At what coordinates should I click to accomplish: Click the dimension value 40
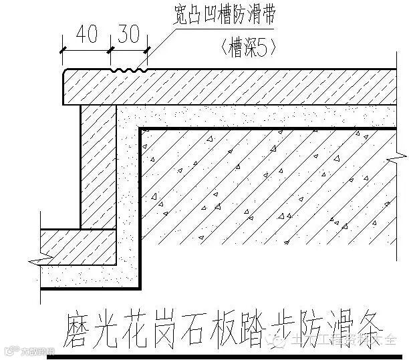[x=86, y=34]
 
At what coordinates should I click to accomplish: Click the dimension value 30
[x=128, y=34]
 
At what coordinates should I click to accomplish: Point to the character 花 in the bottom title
[x=134, y=329]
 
